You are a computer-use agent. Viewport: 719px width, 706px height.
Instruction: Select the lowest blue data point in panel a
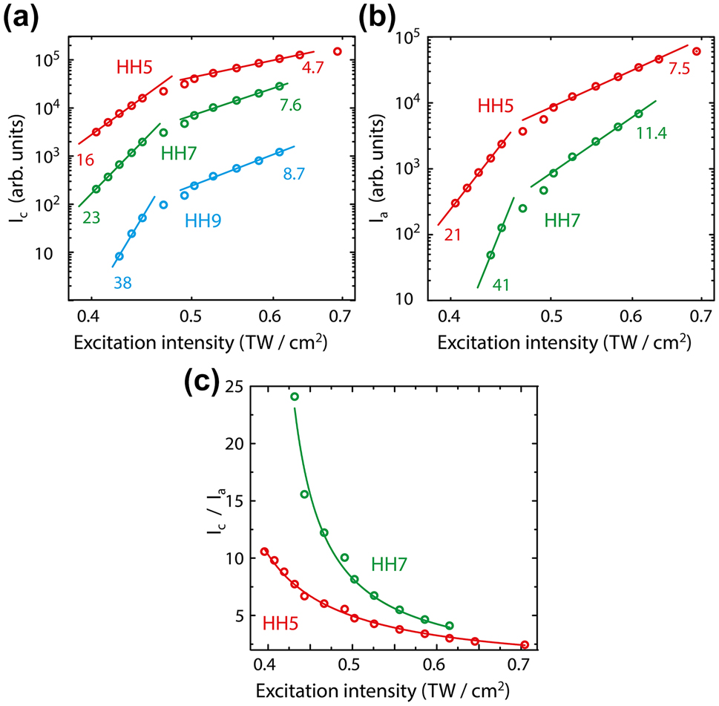point(119,256)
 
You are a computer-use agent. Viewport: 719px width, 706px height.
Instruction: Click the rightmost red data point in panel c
point(525,644)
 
